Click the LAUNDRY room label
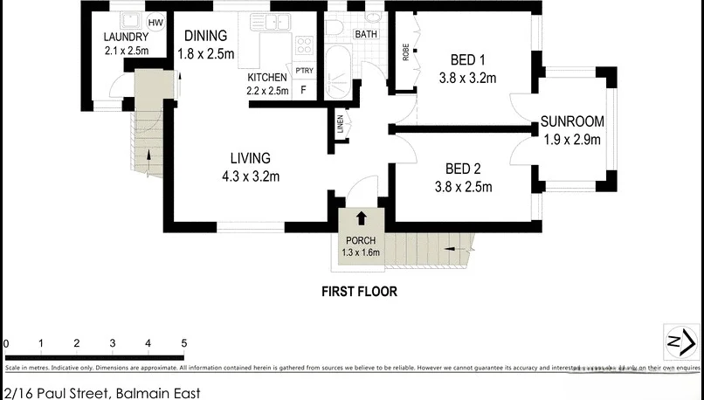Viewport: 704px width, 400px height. pyautogui.click(x=126, y=38)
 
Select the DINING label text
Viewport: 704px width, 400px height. pyautogui.click(x=205, y=36)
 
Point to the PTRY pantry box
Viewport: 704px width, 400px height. pyautogui.click(x=304, y=71)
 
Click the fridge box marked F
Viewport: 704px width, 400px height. pyautogui.click(x=304, y=90)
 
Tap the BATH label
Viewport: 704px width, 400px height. pyautogui.click(x=365, y=34)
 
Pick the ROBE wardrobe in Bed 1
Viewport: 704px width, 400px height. pyautogui.click(x=405, y=52)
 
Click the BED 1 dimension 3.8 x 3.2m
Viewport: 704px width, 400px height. pyautogui.click(x=467, y=78)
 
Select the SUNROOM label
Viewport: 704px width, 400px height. pyautogui.click(x=572, y=121)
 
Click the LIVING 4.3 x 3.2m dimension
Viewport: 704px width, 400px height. pyautogui.click(x=250, y=177)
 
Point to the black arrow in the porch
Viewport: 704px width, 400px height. pyautogui.click(x=362, y=217)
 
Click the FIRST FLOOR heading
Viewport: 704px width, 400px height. pyautogui.click(x=359, y=292)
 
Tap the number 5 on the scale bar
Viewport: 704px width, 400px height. pyautogui.click(x=183, y=343)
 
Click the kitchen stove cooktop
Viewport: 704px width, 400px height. pyautogui.click(x=305, y=45)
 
